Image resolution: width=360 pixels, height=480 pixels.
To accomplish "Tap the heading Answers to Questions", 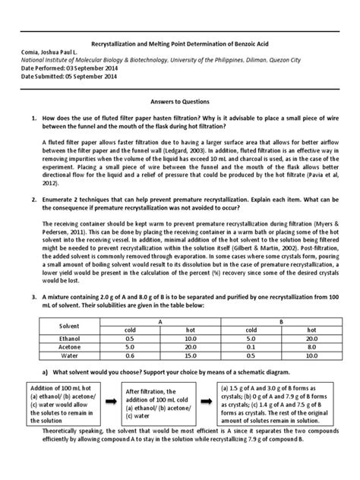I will click(180, 101).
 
